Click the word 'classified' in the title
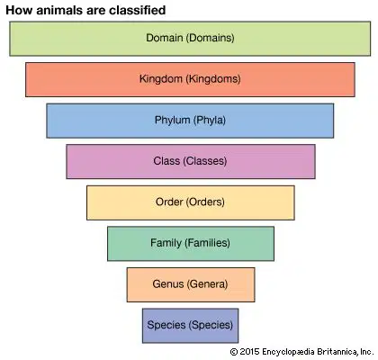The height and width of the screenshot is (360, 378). [x=137, y=10]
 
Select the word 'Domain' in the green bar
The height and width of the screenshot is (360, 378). [x=165, y=38]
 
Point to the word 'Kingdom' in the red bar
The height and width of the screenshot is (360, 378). [x=161, y=79]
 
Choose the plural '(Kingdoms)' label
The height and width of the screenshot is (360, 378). [x=213, y=79]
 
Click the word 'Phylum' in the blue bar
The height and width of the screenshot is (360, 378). [x=173, y=120]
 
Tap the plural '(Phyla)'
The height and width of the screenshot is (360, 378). [x=210, y=121]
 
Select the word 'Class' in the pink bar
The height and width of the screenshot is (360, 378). [x=166, y=161]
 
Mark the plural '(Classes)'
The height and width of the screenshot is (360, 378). [x=205, y=161]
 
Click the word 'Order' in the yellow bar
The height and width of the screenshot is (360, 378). [x=169, y=202]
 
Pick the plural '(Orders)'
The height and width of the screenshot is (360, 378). [x=205, y=202]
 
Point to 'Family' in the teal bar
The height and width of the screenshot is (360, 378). [x=166, y=243]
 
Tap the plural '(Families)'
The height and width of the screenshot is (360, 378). [x=207, y=243]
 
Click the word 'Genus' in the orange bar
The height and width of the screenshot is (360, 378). [x=168, y=283]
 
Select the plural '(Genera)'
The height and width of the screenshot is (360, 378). [x=207, y=284]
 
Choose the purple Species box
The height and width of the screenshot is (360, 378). [x=191, y=326]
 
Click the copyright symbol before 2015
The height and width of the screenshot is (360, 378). [x=234, y=352]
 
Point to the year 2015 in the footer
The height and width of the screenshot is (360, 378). [x=249, y=352]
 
